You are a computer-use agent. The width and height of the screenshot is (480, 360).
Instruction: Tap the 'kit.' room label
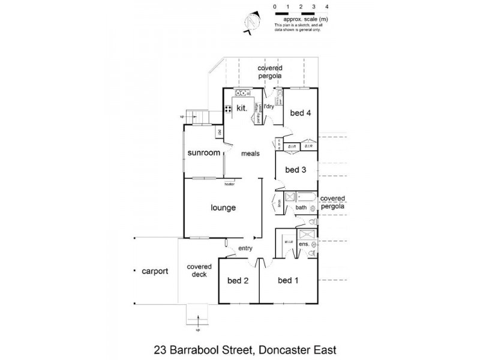242,109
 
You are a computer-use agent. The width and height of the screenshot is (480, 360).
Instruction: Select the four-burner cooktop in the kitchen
228,109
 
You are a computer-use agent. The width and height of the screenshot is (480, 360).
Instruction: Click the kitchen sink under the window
242,93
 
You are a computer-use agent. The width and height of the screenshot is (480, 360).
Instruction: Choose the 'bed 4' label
301,113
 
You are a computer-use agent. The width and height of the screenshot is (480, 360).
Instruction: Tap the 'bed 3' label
296,170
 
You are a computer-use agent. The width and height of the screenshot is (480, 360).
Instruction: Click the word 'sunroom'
203,153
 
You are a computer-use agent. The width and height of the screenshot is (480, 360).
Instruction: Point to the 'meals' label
250,154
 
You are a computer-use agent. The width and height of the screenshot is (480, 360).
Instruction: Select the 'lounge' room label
223,208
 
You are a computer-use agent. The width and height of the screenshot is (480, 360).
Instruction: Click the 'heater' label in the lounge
229,184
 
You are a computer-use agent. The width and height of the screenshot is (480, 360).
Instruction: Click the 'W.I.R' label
287,242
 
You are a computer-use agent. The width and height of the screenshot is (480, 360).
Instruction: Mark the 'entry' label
245,248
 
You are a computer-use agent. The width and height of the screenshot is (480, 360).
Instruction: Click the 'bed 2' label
237,281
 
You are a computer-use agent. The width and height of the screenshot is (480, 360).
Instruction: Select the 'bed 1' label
288,281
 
